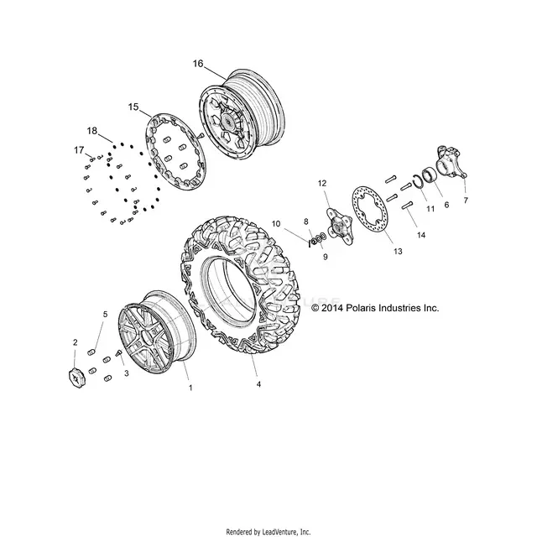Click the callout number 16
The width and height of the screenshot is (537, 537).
[198, 64]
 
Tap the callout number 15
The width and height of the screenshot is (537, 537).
[133, 107]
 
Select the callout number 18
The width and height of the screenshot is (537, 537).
[92, 131]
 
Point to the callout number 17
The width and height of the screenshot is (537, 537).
[79, 150]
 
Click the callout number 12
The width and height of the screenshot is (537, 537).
[322, 183]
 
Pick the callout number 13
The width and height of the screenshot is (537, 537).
[398, 252]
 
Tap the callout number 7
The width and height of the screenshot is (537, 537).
[466, 201]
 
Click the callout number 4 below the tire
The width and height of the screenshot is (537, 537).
[258, 384]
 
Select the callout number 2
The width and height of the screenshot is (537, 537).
[76, 342]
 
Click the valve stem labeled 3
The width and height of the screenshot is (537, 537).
[119, 353]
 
